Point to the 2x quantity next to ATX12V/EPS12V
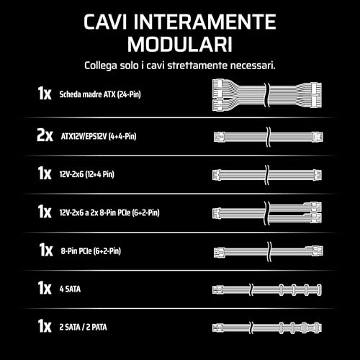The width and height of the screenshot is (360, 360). tap(45, 135)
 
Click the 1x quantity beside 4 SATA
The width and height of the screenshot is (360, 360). tap(45, 289)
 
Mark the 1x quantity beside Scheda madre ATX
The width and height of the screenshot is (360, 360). tap(45, 94)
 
